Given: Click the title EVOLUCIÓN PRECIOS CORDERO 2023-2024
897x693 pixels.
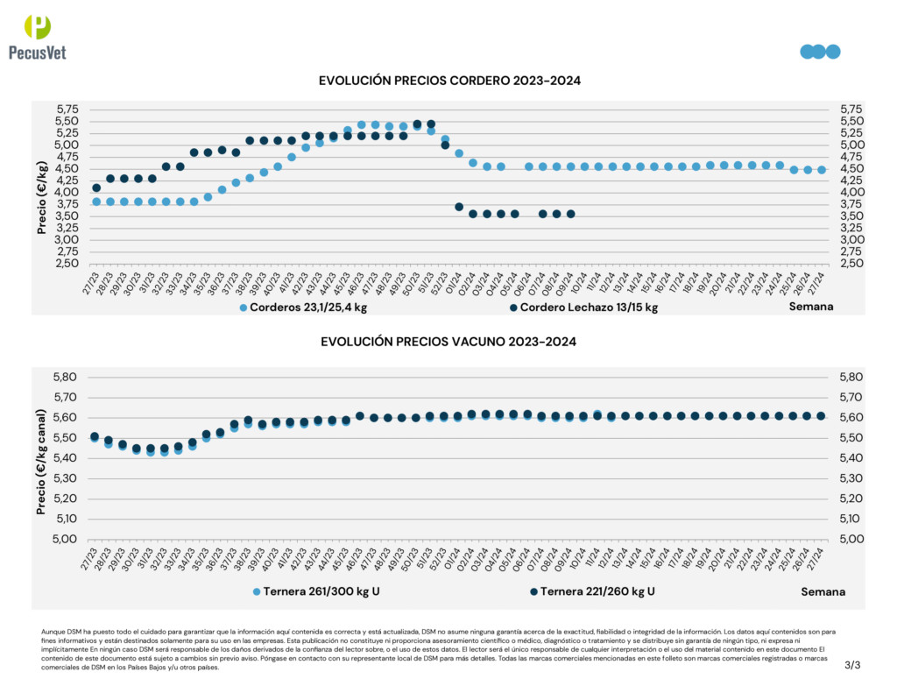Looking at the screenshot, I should point(449,81).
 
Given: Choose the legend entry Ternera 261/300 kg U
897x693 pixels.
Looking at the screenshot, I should point(315,591).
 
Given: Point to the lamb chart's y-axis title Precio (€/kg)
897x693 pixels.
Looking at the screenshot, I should point(41,198).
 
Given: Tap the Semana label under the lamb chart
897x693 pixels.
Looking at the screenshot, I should point(810,308).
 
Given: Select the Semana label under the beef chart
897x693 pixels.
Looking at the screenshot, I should point(823,591).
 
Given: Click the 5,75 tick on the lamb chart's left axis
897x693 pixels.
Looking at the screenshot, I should point(67,110).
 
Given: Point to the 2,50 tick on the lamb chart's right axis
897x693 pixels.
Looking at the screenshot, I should point(851,263).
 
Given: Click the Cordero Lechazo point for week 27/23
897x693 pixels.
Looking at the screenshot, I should point(96,187).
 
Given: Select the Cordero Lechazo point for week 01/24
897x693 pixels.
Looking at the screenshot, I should point(459,207).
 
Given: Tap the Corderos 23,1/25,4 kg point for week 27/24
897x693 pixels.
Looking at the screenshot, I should point(822,170).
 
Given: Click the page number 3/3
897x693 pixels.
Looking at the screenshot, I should point(852,666).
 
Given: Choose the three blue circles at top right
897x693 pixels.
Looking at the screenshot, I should point(820,52).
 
